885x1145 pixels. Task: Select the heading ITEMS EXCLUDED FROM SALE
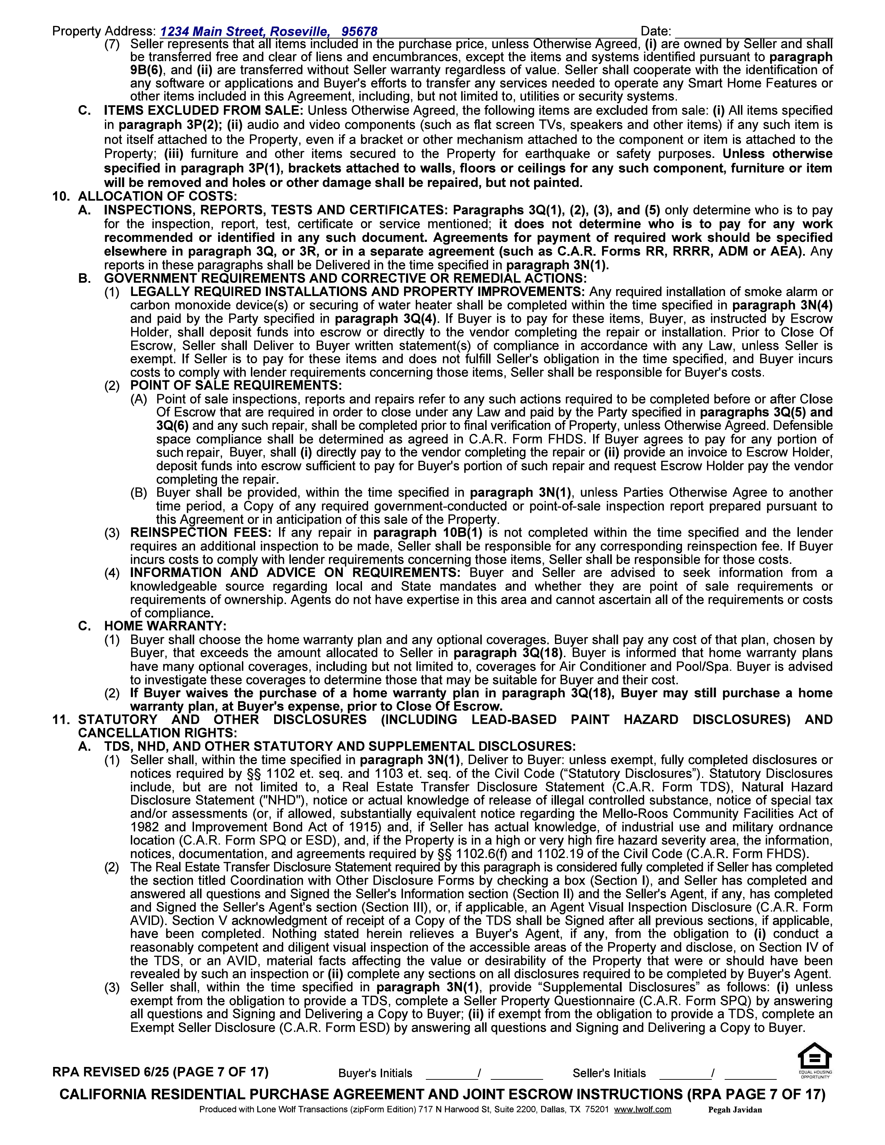(x=203, y=111)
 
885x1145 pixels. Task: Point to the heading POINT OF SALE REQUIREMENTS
(x=236, y=385)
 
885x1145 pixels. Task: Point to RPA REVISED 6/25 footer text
(x=160, y=1072)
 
